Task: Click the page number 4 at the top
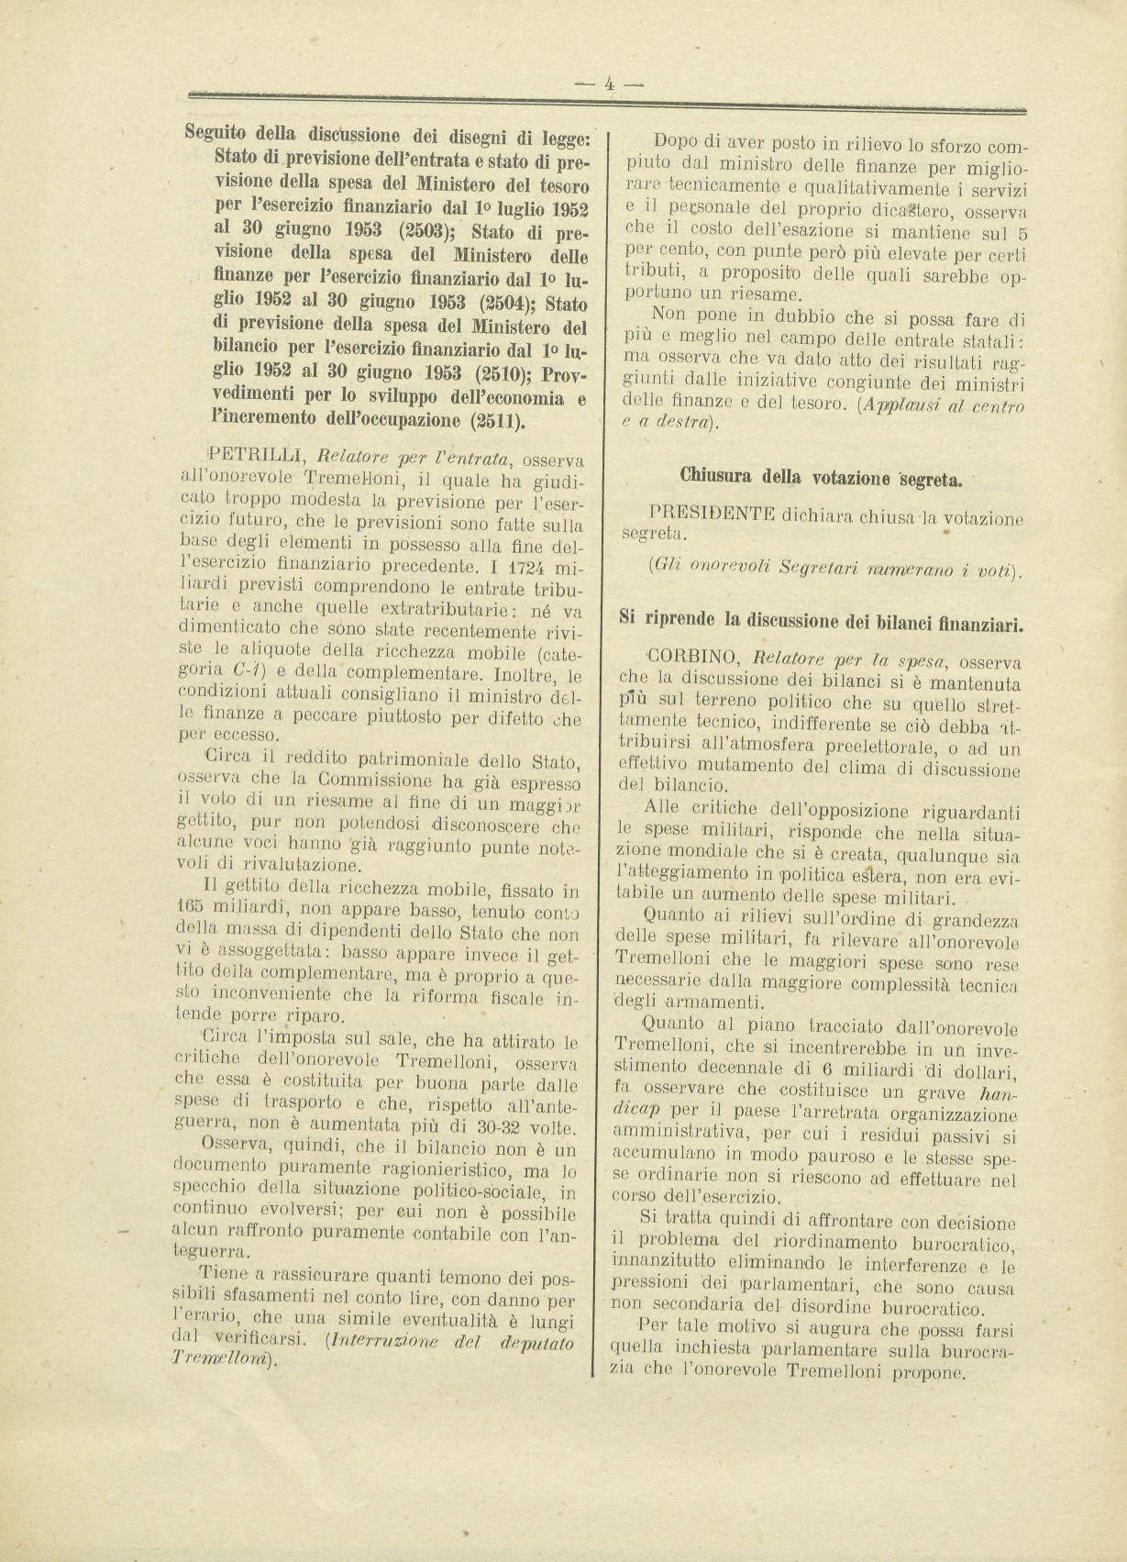609,83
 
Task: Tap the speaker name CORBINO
694,659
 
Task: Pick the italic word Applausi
899,404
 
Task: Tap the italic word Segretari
822,569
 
